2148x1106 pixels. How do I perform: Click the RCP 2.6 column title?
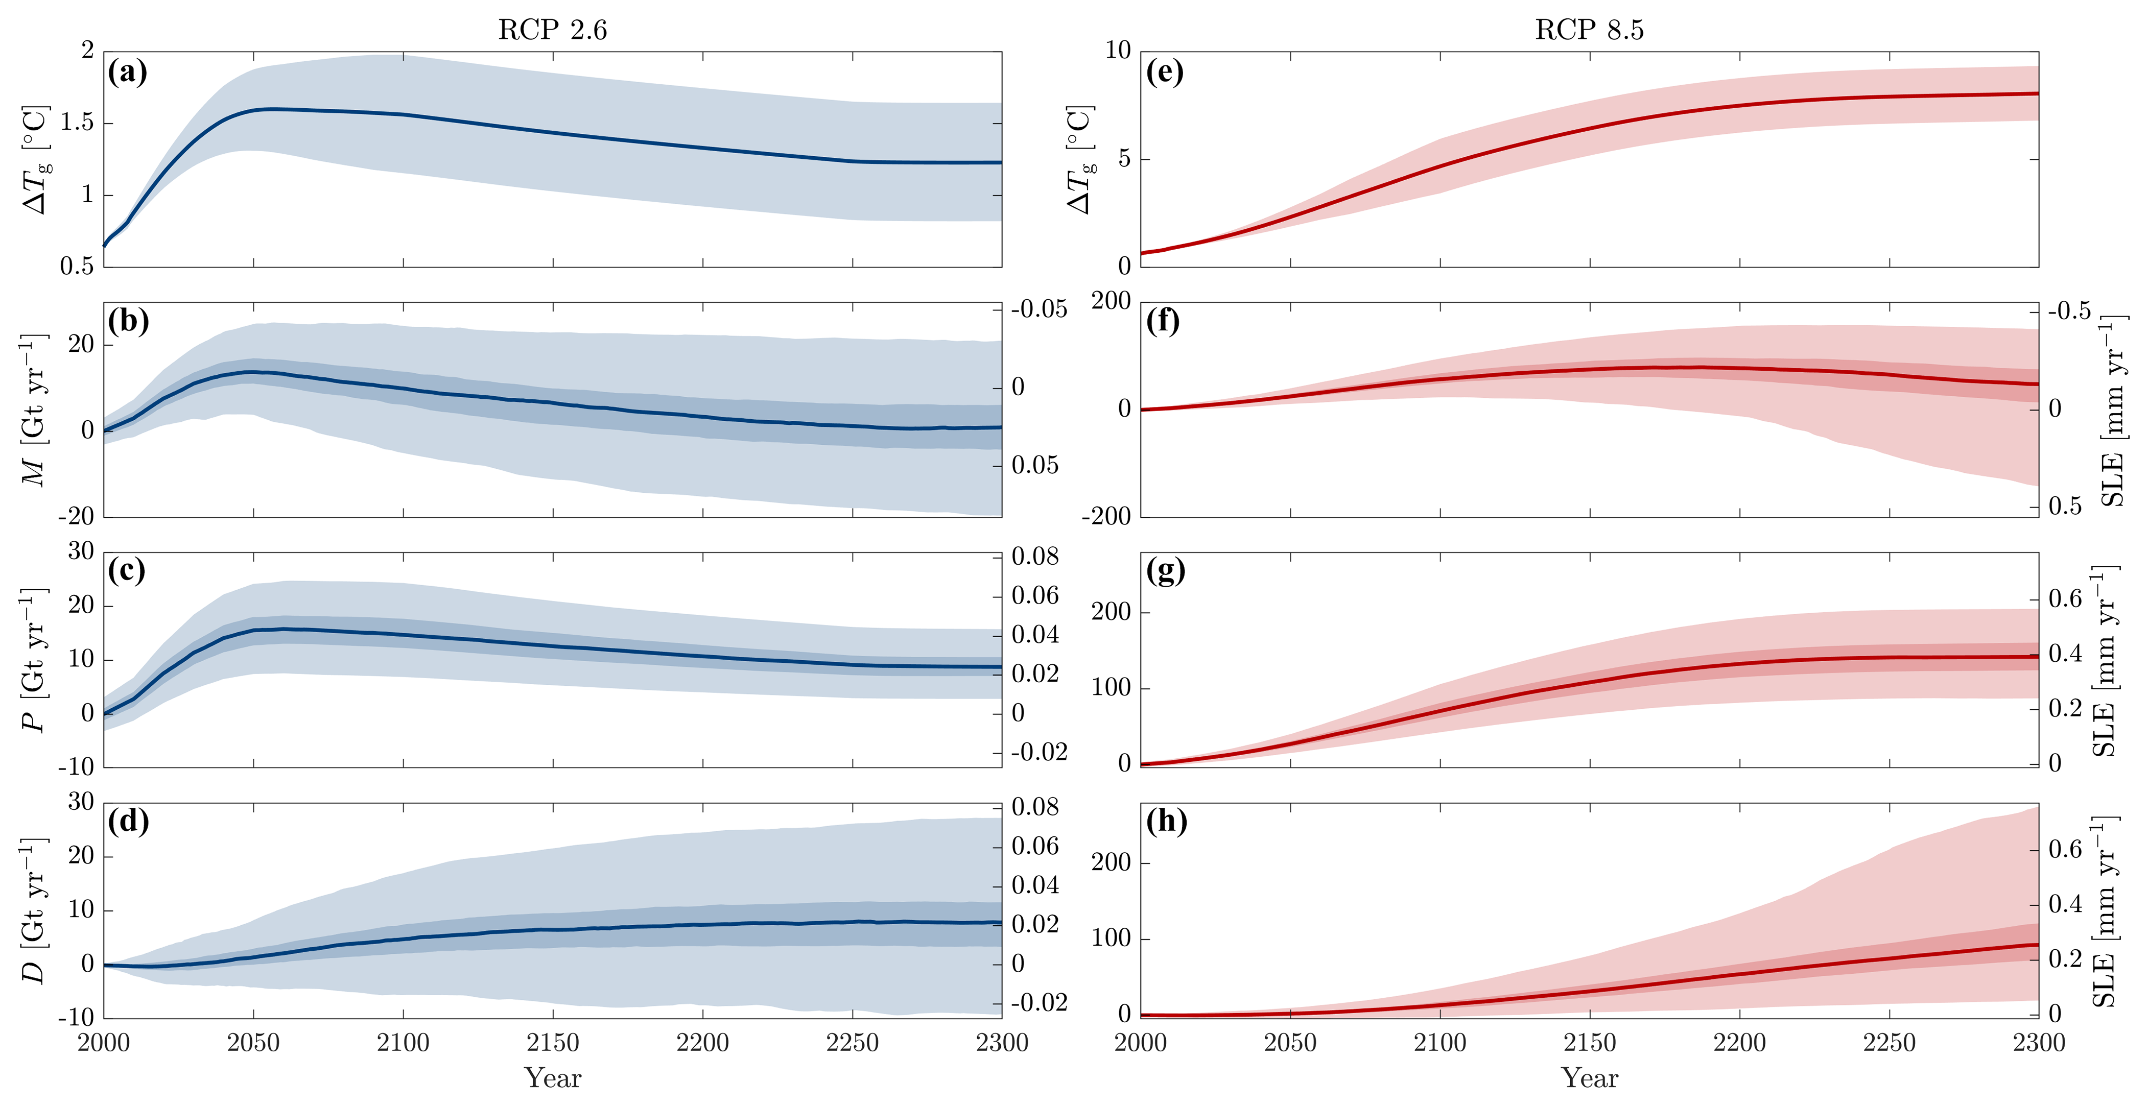[x=552, y=30]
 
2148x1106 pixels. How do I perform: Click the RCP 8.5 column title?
[x=1589, y=30]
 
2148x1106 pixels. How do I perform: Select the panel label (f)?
[x=1163, y=320]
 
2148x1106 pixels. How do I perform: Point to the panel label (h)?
[x=1166, y=821]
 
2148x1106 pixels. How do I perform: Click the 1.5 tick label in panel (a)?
[x=77, y=123]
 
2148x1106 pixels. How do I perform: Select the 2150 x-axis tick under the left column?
[x=552, y=1043]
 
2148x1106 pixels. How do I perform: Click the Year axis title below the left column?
[x=552, y=1078]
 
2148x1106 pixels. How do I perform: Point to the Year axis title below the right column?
[x=1589, y=1078]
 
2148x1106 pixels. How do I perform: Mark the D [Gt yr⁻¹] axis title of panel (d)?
[x=33, y=910]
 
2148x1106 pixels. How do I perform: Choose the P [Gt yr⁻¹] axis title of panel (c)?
[x=33, y=659]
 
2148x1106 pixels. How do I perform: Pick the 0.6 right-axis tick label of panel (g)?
[x=2065, y=598]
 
